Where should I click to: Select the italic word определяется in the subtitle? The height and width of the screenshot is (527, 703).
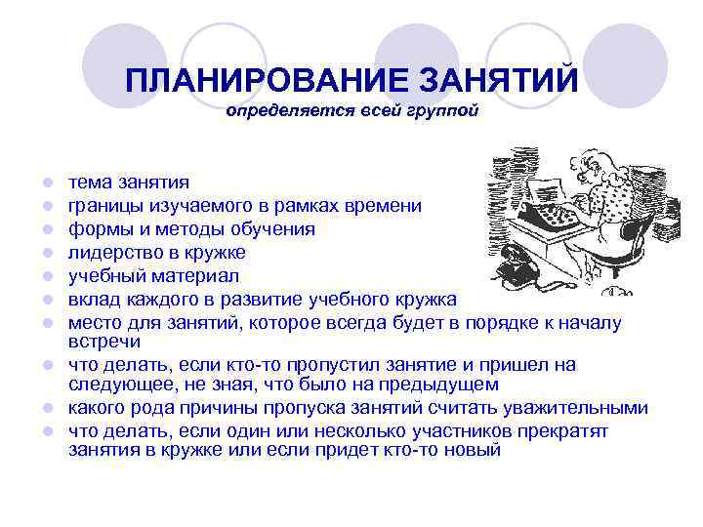pyautogui.click(x=276, y=112)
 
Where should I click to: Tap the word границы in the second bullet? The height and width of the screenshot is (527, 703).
pyautogui.click(x=101, y=206)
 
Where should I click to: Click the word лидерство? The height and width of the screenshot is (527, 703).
pyautogui.click(x=109, y=253)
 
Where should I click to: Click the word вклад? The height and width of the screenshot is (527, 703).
pyautogui.click(x=92, y=299)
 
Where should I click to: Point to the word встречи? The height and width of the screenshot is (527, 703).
pyautogui.click(x=103, y=343)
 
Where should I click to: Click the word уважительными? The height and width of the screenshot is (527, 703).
pyautogui.click(x=576, y=408)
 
